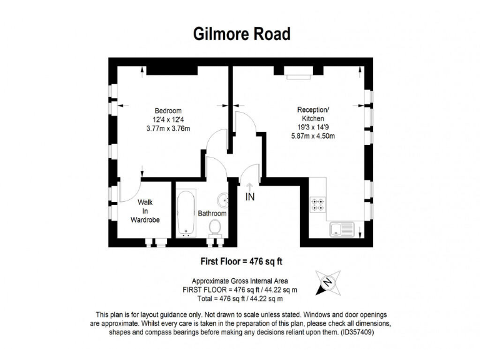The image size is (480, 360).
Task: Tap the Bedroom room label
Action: (167, 111)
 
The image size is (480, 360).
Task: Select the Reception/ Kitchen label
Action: (312, 114)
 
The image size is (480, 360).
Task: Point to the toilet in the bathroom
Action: (216, 227)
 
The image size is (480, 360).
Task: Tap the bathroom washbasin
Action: (223, 201)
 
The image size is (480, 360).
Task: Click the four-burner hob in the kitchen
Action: (317, 204)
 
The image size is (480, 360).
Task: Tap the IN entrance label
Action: (250, 197)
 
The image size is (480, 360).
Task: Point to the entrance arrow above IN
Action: (249, 186)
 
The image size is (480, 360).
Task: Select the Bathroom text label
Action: (212, 213)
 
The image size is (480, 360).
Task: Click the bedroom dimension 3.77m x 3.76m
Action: (168, 129)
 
